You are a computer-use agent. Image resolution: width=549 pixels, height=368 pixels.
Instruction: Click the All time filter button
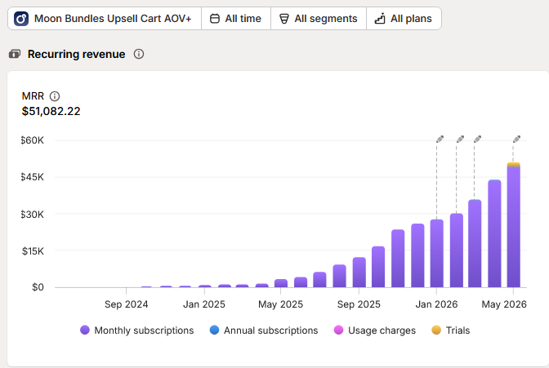pyautogui.click(x=236, y=19)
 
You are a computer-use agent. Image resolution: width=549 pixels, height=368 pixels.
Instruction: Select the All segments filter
pyautogui.click(x=319, y=19)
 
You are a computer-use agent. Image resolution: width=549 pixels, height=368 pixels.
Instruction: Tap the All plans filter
pyautogui.click(x=404, y=19)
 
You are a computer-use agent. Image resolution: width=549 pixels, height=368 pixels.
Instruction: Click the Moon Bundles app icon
pyautogui.click(x=21, y=19)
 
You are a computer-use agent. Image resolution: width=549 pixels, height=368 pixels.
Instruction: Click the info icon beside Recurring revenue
pyautogui.click(x=139, y=54)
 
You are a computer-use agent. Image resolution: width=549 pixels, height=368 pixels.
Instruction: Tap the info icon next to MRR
pyautogui.click(x=55, y=96)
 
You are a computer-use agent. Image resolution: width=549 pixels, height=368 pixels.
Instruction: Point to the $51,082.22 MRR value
pyautogui.click(x=51, y=111)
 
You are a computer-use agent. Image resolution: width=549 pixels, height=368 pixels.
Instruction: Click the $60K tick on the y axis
pyautogui.click(x=32, y=140)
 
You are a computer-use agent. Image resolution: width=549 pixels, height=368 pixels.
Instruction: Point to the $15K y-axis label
pyautogui.click(x=33, y=251)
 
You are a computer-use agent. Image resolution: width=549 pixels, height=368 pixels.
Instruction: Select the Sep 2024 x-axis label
pyautogui.click(x=127, y=304)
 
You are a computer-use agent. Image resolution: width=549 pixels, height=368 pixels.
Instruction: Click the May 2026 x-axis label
pyautogui.click(x=504, y=304)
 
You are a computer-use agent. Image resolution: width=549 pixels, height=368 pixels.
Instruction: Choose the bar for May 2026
pyautogui.click(x=514, y=225)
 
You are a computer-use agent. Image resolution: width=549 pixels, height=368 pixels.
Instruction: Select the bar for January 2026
pyautogui.click(x=436, y=254)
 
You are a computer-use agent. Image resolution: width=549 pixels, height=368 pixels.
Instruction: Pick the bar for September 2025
pyautogui.click(x=359, y=273)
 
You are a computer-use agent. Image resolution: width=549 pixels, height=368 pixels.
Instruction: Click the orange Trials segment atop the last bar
pyautogui.click(x=514, y=164)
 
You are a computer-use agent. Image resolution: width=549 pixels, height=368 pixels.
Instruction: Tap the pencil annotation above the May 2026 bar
pyautogui.click(x=517, y=140)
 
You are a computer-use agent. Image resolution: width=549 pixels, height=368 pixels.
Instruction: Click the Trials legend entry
pyautogui.click(x=451, y=330)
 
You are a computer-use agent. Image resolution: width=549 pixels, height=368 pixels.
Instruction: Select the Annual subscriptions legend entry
pyautogui.click(x=264, y=330)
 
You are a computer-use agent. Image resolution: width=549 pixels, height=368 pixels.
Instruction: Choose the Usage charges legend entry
pyautogui.click(x=375, y=330)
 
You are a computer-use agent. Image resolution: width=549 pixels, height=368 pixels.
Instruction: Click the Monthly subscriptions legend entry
pyautogui.click(x=137, y=330)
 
